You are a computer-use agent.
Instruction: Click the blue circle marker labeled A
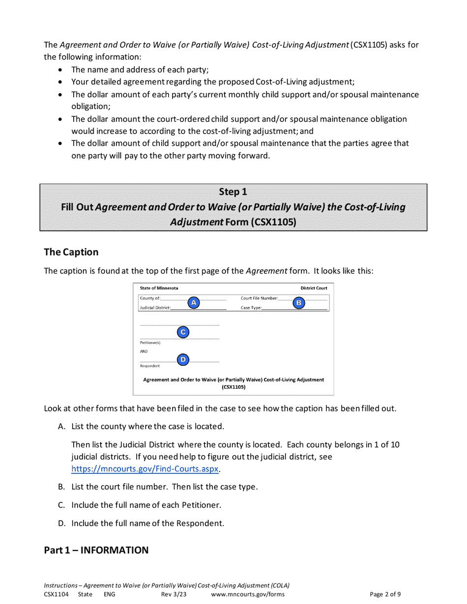[x=194, y=303]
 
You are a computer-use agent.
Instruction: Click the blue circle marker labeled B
[x=298, y=303]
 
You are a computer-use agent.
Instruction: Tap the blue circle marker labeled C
[x=183, y=332]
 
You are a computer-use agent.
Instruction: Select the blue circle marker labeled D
[x=183, y=360]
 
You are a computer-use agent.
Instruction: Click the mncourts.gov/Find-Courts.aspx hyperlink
[x=145, y=468]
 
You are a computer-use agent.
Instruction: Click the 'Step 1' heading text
[x=233, y=192]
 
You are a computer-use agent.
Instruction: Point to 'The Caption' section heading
[x=71, y=252]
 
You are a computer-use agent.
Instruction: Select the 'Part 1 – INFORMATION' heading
[x=96, y=550]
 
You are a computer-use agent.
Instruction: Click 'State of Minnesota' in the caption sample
[x=159, y=288]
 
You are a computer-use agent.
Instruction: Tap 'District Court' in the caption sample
[x=314, y=288]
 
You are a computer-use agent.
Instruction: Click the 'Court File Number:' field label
[x=259, y=298]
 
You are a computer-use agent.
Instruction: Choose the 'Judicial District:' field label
[x=155, y=308]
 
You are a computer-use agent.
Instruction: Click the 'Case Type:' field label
[x=251, y=308]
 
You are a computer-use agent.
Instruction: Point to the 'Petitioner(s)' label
[x=150, y=342]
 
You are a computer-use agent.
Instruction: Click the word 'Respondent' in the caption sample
[x=149, y=366]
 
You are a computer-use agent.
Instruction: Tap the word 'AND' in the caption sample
[x=144, y=352]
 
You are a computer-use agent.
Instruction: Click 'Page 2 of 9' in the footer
[x=385, y=594]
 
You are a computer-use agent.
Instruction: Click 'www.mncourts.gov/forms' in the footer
[x=248, y=594]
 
